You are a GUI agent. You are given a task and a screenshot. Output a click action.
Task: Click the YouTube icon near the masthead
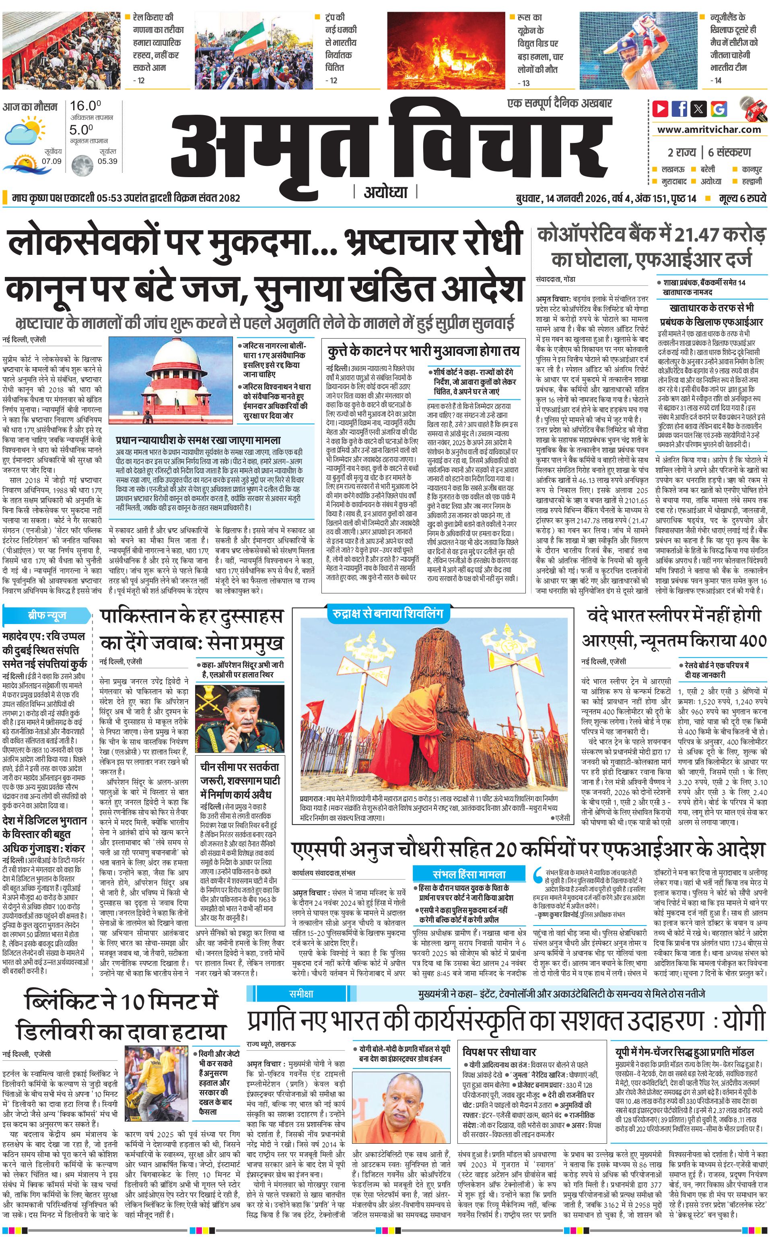click(661, 109)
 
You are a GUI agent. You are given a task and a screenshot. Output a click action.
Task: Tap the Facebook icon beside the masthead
click(679, 109)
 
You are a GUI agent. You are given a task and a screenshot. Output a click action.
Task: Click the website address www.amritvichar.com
click(709, 130)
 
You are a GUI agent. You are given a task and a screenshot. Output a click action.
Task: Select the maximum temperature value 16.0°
click(85, 106)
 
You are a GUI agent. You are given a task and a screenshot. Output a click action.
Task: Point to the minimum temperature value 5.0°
click(82, 130)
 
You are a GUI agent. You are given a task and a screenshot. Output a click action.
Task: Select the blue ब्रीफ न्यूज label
click(47, 616)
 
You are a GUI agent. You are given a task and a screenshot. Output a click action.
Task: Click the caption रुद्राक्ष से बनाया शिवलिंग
click(388, 613)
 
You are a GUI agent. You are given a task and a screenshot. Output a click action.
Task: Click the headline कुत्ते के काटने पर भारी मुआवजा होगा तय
click(423, 351)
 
